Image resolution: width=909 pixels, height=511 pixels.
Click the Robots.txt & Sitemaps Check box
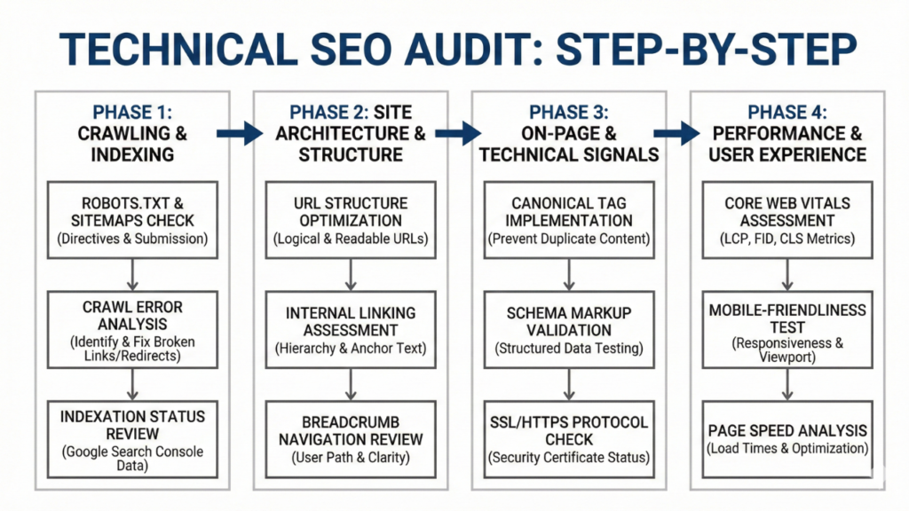coord(131,220)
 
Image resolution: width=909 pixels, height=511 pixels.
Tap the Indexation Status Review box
coord(131,433)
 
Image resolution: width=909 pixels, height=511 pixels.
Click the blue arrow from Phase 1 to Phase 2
coord(241,133)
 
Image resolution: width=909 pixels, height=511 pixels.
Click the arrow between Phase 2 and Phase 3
coord(458,133)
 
